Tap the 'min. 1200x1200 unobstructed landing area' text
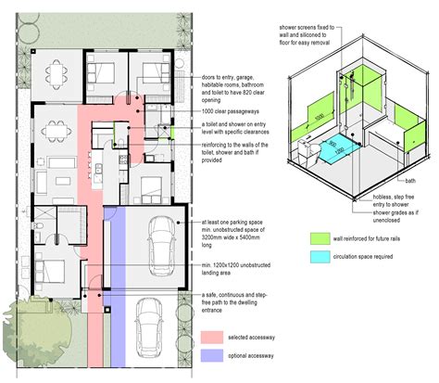[x=230, y=269]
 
